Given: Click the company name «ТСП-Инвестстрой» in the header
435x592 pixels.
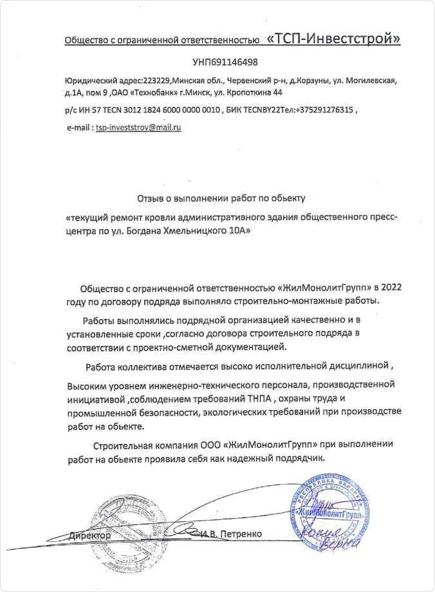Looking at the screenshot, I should [x=333, y=39].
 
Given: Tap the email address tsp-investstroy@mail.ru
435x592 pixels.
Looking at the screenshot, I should [x=138, y=127].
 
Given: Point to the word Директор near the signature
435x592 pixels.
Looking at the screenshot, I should [x=90, y=535].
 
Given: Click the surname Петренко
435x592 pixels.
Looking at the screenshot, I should [x=239, y=534].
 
